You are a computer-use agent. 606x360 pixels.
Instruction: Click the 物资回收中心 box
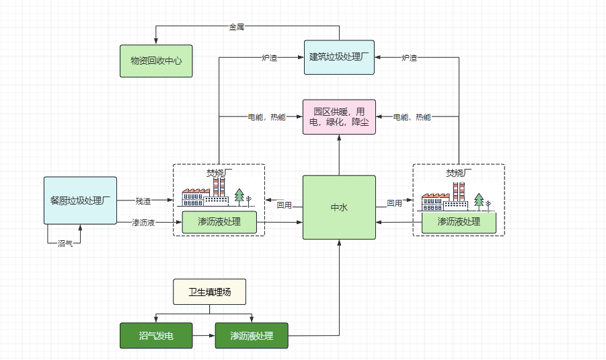156,61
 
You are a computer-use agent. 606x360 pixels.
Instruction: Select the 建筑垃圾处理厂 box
339,57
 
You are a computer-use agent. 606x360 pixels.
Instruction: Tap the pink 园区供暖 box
339,116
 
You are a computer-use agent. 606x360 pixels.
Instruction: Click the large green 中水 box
339,207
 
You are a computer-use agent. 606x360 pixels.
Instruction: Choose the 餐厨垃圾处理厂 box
80,201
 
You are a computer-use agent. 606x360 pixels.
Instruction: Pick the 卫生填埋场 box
209,292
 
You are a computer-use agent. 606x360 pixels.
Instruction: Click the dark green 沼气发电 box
156,336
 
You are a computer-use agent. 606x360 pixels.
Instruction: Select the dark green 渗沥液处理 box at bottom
252,336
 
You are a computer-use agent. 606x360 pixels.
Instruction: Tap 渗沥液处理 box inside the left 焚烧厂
219,222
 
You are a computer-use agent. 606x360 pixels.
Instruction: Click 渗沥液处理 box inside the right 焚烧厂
459,222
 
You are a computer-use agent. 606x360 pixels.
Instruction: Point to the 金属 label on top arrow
236,27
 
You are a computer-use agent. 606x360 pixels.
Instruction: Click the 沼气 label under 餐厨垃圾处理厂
65,243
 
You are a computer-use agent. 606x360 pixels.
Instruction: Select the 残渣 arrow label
143,201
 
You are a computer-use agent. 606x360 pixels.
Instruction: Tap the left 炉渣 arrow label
269,58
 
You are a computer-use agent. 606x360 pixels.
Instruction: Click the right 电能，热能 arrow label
412,117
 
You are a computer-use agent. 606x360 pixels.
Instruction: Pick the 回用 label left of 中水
284,205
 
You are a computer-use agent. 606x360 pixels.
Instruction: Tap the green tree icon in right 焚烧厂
479,200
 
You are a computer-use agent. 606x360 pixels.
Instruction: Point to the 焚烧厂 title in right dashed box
459,173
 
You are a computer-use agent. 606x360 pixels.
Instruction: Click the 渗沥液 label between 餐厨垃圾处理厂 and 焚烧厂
143,222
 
